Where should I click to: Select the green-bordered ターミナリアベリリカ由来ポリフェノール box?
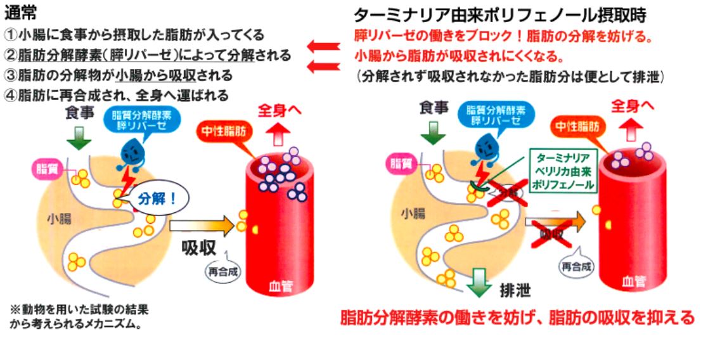[563, 170]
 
